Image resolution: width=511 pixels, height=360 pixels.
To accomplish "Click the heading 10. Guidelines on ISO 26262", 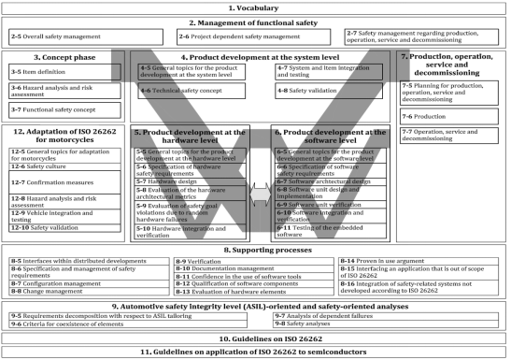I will [255, 338].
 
